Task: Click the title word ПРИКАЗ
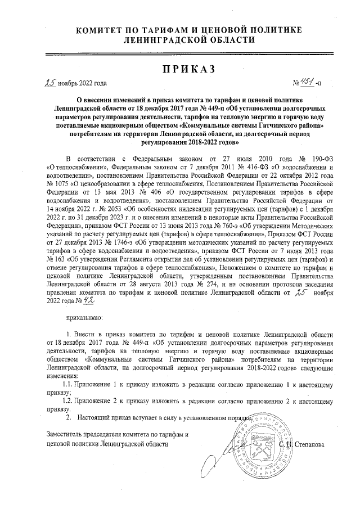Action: coord(179,69)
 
